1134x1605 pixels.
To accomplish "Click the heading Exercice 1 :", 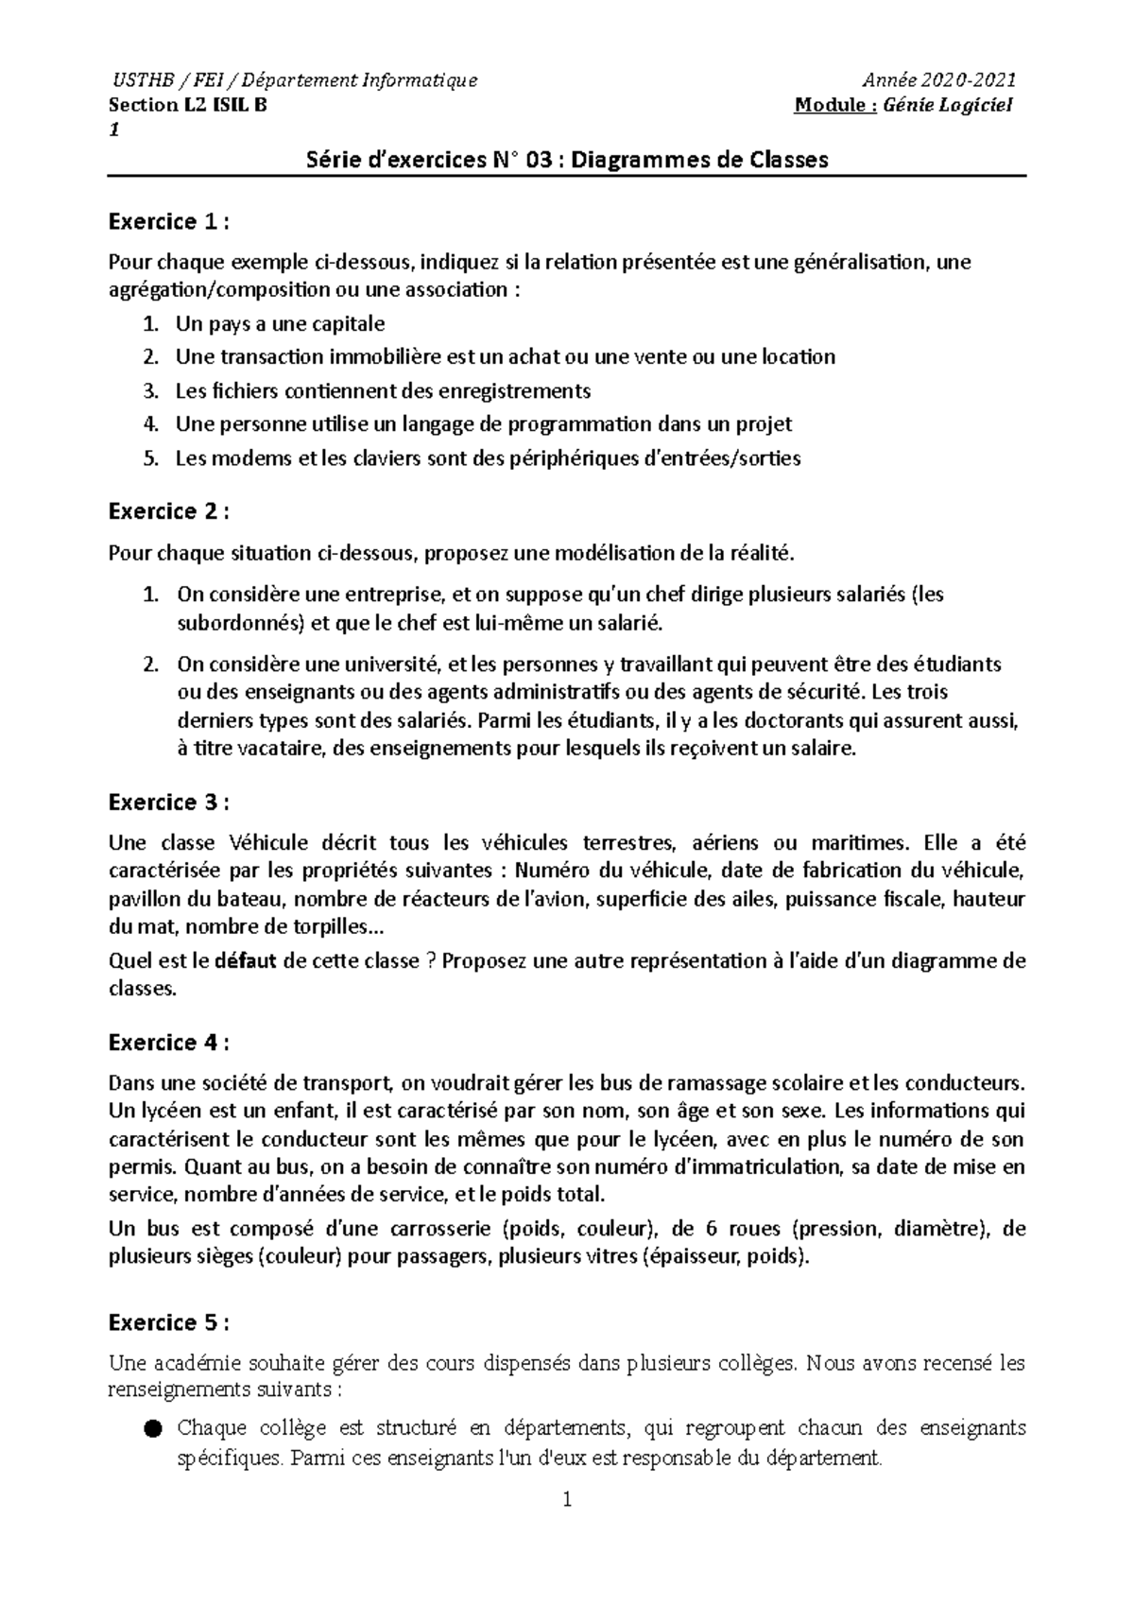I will pyautogui.click(x=169, y=222).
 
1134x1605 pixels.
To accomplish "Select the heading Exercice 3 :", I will pyautogui.click(x=169, y=802).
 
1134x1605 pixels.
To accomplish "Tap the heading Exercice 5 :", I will pyautogui.click(x=169, y=1320).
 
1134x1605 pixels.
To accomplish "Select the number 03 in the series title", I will pyautogui.click(x=539, y=160).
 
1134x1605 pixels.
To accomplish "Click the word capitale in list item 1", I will pyautogui.click(x=347, y=324).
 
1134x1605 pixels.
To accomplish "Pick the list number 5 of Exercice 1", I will pyautogui.click(x=148, y=459).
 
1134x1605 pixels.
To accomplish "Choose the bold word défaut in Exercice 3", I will pyautogui.click(x=247, y=961).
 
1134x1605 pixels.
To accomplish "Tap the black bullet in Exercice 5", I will pyautogui.click(x=153, y=1428).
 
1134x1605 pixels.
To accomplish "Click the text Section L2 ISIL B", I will pyautogui.click(x=188, y=105).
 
